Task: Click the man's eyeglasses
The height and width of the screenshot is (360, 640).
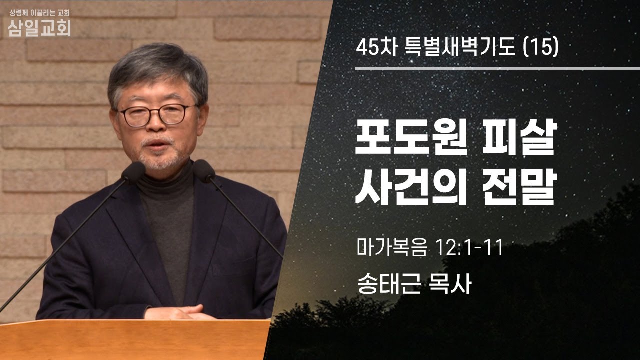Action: [x=156, y=115]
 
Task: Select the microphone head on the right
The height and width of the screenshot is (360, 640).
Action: [x=203, y=171]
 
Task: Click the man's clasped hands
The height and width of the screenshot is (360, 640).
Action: [x=180, y=312]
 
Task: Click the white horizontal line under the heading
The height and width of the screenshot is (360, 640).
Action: [x=497, y=68]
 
